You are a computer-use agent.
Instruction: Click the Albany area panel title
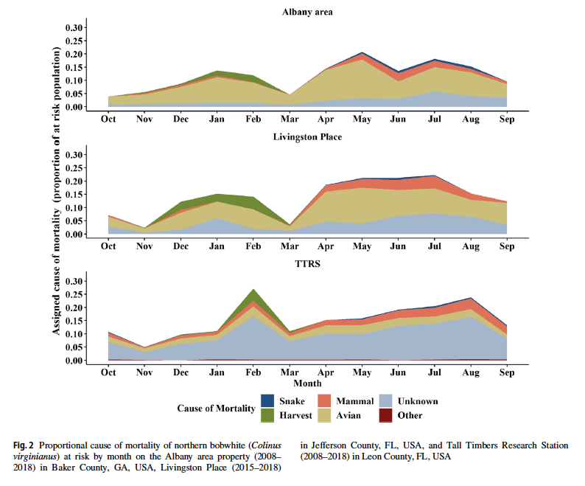pos(307,12)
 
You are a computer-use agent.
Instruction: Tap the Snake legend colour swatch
pos(268,401)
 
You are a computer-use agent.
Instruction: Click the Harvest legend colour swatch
pos(268,415)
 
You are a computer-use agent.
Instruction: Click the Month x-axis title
pos(307,384)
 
